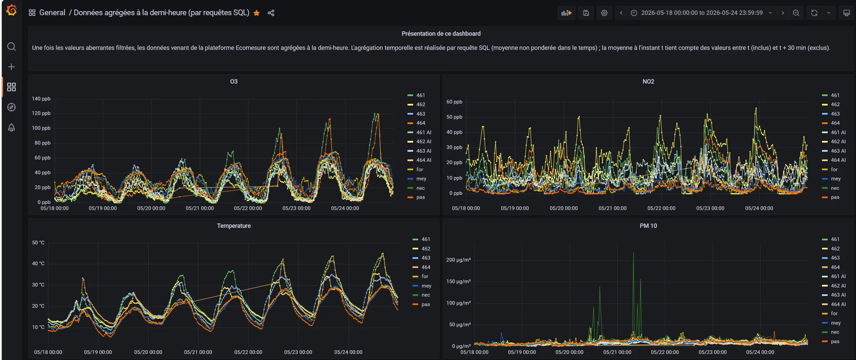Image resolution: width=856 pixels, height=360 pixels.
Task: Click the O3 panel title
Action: tap(234, 82)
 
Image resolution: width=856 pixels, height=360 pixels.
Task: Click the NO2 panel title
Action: tap(648, 82)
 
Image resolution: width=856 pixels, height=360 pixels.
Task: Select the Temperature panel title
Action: tap(234, 226)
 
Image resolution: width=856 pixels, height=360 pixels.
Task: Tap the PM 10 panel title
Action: tap(648, 226)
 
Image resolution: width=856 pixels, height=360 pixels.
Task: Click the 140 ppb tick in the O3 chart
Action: tap(41, 99)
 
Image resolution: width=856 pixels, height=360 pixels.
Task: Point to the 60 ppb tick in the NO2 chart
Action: tap(454, 102)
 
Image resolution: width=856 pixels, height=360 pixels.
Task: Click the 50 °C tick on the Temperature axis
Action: tap(38, 243)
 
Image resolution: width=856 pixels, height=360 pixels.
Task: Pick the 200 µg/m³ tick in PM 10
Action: tap(458, 260)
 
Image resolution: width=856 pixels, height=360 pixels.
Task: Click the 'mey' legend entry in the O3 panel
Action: tap(421, 179)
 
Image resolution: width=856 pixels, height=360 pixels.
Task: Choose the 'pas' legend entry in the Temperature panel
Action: tap(426, 304)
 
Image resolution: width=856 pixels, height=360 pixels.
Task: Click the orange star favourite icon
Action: tap(256, 13)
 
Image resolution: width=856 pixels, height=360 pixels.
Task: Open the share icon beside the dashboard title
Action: tap(271, 13)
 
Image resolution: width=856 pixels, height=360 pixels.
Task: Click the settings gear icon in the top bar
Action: tap(604, 13)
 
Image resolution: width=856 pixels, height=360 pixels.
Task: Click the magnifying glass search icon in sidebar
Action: tap(11, 47)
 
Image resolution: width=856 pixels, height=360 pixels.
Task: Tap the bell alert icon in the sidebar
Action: tap(11, 127)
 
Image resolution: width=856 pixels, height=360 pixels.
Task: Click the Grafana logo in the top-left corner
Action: tap(11, 10)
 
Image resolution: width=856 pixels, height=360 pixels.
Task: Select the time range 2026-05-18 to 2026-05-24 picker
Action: tap(702, 13)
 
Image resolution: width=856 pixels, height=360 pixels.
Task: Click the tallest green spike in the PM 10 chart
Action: tap(633, 253)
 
